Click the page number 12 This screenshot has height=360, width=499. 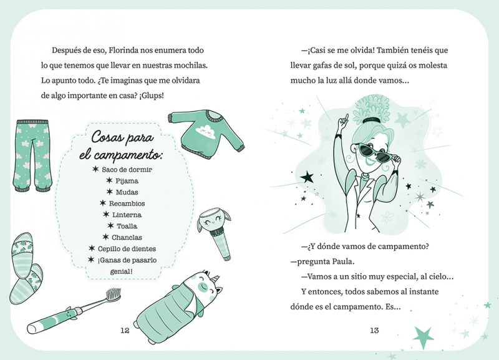tap(125, 331)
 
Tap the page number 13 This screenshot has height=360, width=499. tap(374, 331)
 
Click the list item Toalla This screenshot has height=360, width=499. tap(127, 226)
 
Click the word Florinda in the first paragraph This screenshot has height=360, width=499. tap(124, 51)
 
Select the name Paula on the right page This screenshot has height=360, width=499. tap(343, 261)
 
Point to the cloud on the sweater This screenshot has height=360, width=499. tap(206, 130)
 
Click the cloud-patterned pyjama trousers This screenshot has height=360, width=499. tap(32, 155)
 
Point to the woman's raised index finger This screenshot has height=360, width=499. tap(346, 118)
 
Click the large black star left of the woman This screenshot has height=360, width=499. tap(307, 177)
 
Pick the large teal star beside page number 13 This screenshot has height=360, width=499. tap(424, 338)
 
